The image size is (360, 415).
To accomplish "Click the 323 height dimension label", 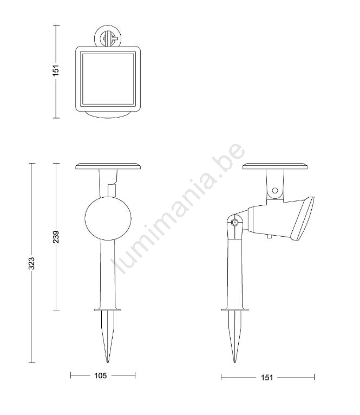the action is [31, 263].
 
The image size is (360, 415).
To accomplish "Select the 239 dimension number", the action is [56, 237].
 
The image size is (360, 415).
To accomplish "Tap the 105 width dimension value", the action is [101, 375].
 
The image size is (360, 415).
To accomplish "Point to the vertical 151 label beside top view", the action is [56, 70].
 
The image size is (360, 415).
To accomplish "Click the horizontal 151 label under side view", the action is [267, 378].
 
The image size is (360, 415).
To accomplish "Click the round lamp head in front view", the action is [108, 218].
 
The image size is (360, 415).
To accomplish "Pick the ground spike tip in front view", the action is [108, 362].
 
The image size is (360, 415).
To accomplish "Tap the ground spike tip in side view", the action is [234, 362].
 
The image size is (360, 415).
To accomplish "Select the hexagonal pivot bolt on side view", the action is [234, 222].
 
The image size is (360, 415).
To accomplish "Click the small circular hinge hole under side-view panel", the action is [275, 190].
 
